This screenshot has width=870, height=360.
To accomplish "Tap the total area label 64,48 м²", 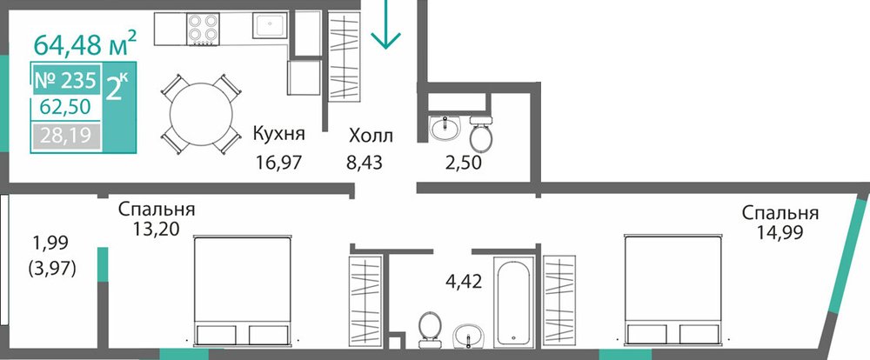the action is click(85, 43).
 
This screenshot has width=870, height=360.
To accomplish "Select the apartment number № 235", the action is click(65, 81).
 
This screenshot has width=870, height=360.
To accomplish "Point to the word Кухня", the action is click(279, 134).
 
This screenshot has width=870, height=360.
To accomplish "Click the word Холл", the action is click(371, 135).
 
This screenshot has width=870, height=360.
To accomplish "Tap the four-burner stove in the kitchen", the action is click(203, 29).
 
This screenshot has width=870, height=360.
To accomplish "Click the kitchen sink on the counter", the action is click(270, 25).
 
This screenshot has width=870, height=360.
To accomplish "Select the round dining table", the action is click(201, 114).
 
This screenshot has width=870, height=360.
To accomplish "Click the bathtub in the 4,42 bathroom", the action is click(515, 303).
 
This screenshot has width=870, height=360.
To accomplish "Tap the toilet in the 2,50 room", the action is click(480, 133).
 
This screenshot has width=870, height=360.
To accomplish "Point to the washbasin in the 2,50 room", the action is click(445, 129).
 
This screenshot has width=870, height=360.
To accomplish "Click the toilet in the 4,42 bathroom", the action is click(430, 328).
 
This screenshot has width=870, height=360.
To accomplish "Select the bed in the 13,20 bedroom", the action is click(243, 291).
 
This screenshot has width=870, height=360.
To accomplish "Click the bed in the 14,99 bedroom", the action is click(673, 290).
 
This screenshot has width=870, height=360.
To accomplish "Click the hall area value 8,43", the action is click(365, 163).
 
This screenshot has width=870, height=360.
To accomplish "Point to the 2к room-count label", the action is click(117, 88).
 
